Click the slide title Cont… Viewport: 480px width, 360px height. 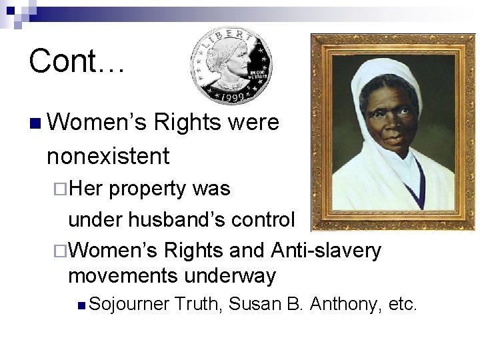[x=77, y=61]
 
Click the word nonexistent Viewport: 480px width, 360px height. [x=108, y=157]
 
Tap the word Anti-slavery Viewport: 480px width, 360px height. [x=326, y=251]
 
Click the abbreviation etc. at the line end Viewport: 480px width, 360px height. [x=402, y=305]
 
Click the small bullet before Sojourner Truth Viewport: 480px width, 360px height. [x=81, y=306]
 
